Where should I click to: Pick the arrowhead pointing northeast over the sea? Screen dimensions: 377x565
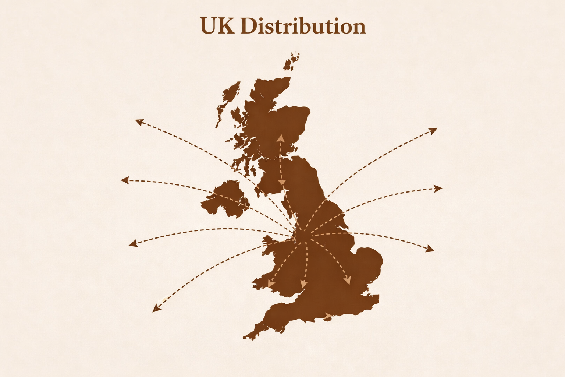(x=434, y=130)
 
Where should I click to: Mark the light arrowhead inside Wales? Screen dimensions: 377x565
(x=271, y=283)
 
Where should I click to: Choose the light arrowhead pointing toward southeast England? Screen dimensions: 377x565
(x=347, y=281)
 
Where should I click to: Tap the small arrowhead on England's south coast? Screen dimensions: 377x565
(x=328, y=316)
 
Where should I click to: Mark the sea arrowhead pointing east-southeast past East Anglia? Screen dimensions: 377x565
(x=430, y=250)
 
